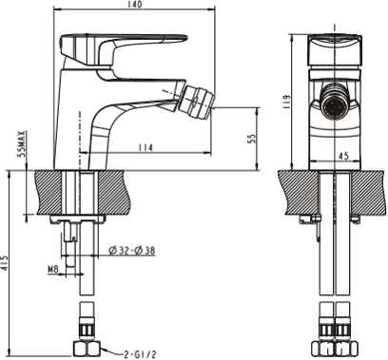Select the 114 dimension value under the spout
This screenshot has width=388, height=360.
[x=145, y=147]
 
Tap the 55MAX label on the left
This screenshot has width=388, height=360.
[x=21, y=144]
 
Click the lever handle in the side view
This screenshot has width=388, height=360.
[x=97, y=45]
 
